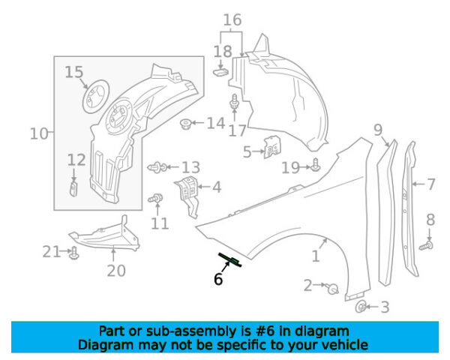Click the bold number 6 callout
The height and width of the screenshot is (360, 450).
click(218, 279)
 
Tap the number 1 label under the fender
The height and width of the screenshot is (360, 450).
click(316, 256)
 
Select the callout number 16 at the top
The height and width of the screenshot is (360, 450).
click(232, 19)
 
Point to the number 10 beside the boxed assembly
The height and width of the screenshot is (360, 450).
click(38, 134)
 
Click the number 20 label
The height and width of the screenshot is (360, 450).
click(115, 270)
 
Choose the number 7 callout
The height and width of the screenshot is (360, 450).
click(430, 183)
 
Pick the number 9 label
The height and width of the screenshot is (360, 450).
click(378, 130)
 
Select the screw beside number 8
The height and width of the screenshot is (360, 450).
click(427, 244)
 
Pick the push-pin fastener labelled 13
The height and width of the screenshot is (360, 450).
click(157, 167)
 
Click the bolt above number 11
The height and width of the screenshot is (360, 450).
click(157, 199)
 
